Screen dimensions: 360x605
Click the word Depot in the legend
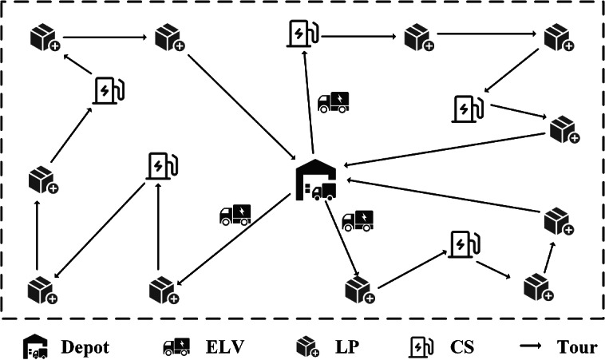84,347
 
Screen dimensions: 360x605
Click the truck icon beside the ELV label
176,347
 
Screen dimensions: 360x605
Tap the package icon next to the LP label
307,347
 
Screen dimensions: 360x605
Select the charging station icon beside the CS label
420,347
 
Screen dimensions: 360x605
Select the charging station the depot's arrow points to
303,34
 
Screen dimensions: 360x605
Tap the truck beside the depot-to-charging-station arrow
333,101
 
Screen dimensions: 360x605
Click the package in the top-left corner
42,38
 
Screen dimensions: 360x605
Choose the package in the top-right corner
557,38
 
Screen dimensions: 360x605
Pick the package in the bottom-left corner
41,291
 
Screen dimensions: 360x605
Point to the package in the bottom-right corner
538,287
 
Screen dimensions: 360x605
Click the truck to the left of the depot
235,214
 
